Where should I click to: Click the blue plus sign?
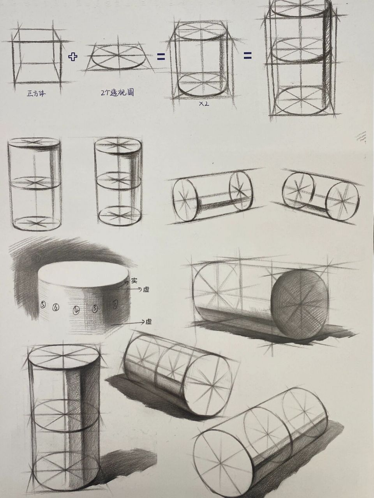click(x=73, y=57)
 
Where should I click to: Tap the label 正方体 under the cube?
click(x=36, y=93)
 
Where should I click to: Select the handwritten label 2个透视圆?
click(x=117, y=93)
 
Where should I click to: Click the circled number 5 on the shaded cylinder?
click(x=42, y=305)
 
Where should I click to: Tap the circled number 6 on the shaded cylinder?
click(x=56, y=307)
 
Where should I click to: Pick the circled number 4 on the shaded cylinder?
click(x=77, y=310)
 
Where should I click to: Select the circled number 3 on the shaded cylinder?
click(x=95, y=309)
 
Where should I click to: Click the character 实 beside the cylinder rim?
click(x=134, y=280)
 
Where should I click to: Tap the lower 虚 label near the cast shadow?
click(x=148, y=322)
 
